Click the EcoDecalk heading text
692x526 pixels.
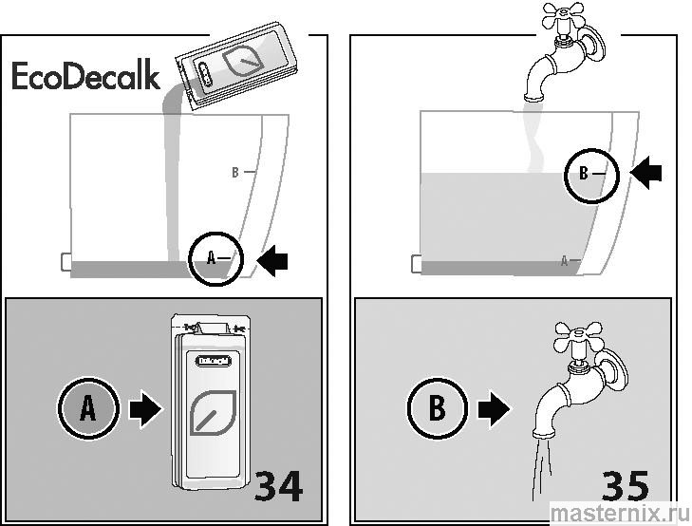85,76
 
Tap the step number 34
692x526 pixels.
278,486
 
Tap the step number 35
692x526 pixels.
626,486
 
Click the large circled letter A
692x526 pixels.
88,408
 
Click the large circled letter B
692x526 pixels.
437,408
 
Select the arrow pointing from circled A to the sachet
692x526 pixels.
145,408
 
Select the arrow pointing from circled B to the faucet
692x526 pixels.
494,408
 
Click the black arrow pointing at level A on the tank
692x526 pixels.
272,261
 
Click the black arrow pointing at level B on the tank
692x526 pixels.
645,173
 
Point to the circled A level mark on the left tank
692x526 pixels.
216,258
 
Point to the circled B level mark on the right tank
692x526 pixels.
591,176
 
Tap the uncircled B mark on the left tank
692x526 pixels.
243,172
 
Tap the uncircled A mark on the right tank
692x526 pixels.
570,261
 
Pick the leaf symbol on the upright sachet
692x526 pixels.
214,413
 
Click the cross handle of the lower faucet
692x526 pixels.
577,334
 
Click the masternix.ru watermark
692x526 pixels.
620,513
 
